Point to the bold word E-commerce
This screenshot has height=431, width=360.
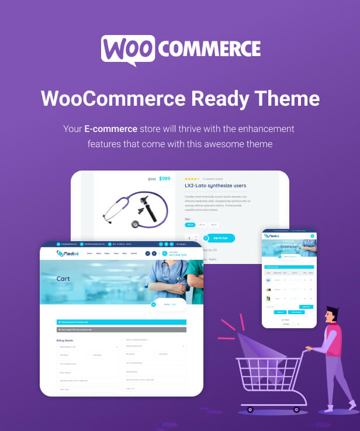point(110,128)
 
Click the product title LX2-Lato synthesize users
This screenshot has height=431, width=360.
point(215,186)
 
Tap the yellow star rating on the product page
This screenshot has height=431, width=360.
point(192,179)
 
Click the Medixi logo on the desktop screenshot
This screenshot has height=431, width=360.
point(68,253)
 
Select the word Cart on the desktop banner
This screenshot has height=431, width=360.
point(63,279)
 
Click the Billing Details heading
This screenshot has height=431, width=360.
point(66,339)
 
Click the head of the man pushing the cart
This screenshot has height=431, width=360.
point(331,314)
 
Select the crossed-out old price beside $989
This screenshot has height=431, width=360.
point(152,179)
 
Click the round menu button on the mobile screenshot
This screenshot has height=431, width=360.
point(312,236)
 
